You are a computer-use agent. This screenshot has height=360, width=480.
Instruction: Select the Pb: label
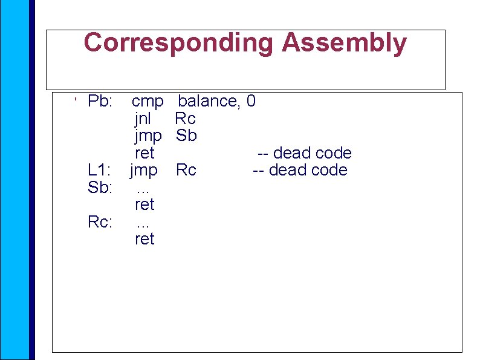coord(100,101)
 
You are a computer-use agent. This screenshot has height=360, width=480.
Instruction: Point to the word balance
coord(209,101)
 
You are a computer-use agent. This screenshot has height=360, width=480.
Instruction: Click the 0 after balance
coord(251,101)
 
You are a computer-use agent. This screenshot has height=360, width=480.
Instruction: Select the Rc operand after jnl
coord(185,118)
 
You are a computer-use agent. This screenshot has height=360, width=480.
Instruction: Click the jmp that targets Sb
coord(148,136)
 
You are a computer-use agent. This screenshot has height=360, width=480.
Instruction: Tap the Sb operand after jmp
coord(186,136)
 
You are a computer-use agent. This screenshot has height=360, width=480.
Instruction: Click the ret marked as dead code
coord(144,152)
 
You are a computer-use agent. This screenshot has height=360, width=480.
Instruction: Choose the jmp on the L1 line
coord(144,170)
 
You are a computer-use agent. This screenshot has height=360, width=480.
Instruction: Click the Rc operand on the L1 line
coord(186,170)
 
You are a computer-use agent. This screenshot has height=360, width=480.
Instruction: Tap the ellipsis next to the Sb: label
coord(143,189)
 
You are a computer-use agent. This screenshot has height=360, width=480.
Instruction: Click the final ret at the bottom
coord(144,239)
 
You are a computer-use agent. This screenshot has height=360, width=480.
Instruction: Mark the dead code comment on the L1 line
coord(300,170)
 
